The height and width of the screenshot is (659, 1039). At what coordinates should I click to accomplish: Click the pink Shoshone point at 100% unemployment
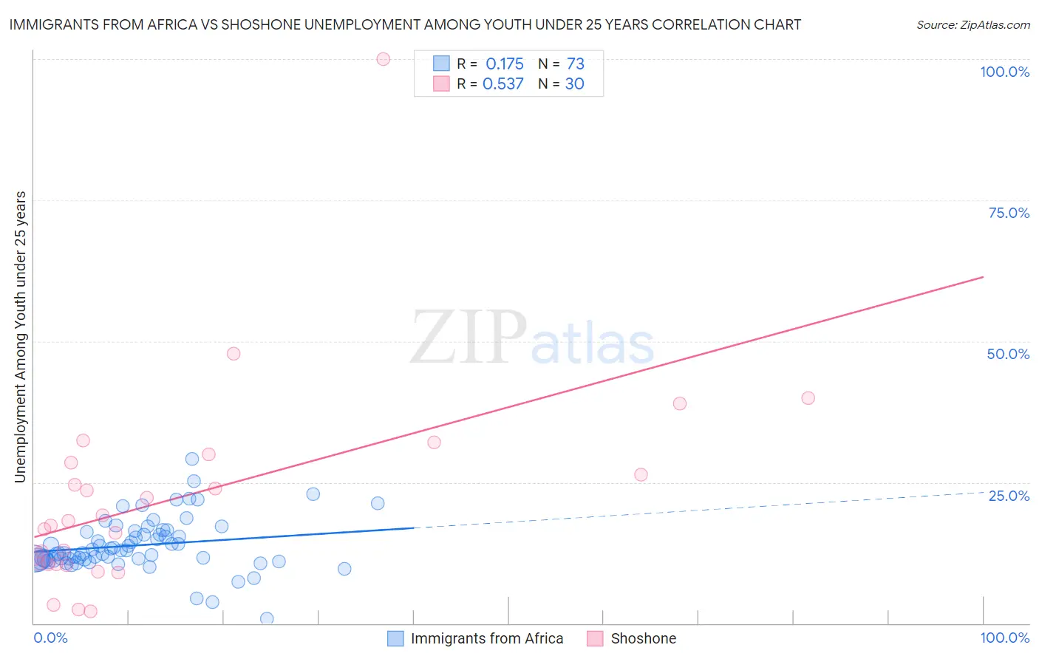[x=383, y=59]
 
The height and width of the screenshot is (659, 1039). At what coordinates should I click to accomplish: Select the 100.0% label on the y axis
[x=1004, y=72]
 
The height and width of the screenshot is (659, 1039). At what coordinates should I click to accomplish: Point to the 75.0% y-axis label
[x=1009, y=213]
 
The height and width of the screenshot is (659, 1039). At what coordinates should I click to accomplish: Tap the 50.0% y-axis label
[x=1008, y=354]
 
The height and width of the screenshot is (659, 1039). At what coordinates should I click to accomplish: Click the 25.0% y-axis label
[x=1009, y=496]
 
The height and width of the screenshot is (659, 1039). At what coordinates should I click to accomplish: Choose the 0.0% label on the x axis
[x=50, y=638]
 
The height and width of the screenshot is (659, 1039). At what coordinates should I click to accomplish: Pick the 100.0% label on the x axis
[x=1004, y=638]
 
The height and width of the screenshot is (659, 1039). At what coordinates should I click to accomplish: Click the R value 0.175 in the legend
[x=505, y=64]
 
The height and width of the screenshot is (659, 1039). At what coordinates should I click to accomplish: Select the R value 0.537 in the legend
[x=503, y=84]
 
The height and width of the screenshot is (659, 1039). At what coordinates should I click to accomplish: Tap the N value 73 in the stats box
[x=576, y=64]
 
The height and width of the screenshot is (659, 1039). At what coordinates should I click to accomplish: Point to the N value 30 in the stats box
[x=575, y=84]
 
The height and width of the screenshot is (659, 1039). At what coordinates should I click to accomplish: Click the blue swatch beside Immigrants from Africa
[x=396, y=638]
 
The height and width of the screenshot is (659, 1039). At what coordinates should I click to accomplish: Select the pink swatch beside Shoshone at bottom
[x=596, y=638]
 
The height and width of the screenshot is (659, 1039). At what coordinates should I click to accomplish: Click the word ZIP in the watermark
[x=469, y=338]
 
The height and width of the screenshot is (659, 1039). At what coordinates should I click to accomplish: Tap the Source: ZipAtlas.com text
[x=972, y=25]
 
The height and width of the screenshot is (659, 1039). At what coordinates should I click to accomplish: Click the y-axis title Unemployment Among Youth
[x=20, y=337]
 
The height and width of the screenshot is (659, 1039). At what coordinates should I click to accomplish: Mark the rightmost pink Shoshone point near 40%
[x=808, y=398]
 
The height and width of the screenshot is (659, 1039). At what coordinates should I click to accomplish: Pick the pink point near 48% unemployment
[x=234, y=354]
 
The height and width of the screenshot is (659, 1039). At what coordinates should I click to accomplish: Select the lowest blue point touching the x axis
[x=267, y=618]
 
